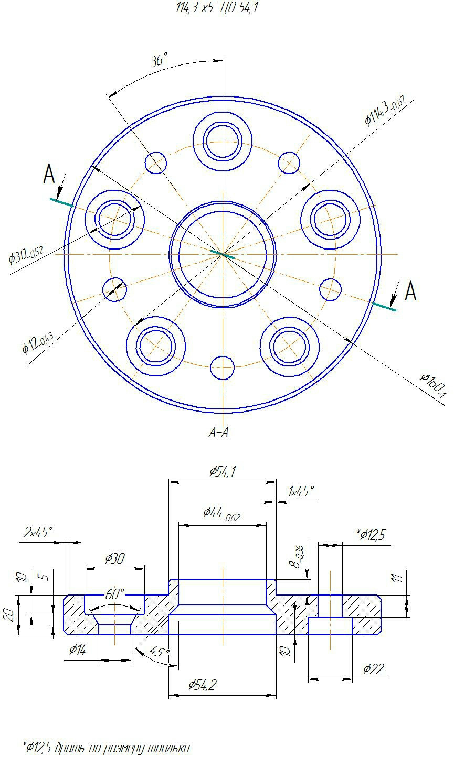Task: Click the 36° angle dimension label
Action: [159, 59]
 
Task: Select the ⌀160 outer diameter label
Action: [434, 385]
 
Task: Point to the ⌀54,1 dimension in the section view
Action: [223, 471]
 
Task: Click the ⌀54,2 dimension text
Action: [202, 685]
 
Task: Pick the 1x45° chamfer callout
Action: [301, 491]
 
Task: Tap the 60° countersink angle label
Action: [114, 594]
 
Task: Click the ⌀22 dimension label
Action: [374, 669]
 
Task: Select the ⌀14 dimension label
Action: [78, 649]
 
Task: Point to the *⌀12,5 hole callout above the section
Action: [371, 535]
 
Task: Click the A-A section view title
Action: [219, 432]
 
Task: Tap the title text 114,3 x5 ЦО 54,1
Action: [217, 7]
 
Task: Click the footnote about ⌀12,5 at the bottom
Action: [105, 748]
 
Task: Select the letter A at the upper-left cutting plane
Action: [49, 174]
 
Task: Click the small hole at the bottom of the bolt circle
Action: [222, 367]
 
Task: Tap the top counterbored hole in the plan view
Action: [223, 141]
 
